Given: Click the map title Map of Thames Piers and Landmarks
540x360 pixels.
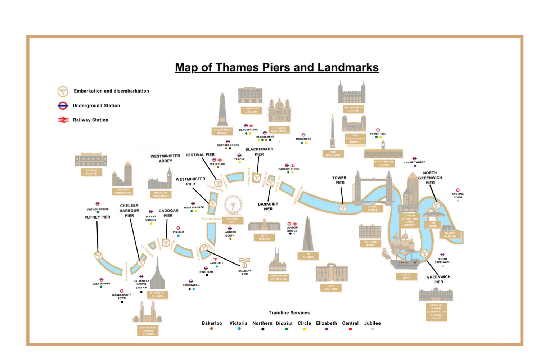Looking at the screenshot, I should coord(276,67).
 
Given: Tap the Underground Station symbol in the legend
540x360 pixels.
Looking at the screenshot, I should coord(63,105).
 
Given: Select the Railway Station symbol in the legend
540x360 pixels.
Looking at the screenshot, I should coord(63,120).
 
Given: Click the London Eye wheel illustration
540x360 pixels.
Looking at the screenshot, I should coord(233,205).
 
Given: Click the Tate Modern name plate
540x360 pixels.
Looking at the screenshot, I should coord(264,237).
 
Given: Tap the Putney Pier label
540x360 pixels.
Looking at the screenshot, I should coord(97,217).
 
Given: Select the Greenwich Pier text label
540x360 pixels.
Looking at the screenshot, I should coord(438,279).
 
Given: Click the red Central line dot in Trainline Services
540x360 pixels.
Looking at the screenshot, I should coord(350,329).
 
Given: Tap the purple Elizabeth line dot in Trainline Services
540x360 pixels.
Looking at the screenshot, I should coord(327,329).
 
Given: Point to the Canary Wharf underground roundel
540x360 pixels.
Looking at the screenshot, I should coord(414,158).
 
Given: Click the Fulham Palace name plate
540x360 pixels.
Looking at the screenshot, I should coord(91,172).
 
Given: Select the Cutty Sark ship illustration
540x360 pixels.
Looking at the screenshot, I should coord(401,252).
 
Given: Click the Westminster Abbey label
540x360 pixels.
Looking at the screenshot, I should coord(165,158).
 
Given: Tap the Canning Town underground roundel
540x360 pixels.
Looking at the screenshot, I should coord(458,190).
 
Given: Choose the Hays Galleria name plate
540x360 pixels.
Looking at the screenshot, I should coord(331,288).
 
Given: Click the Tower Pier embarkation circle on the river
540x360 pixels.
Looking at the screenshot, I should coord(343,208).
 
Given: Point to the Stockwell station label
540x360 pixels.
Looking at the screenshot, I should coord(191,285).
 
